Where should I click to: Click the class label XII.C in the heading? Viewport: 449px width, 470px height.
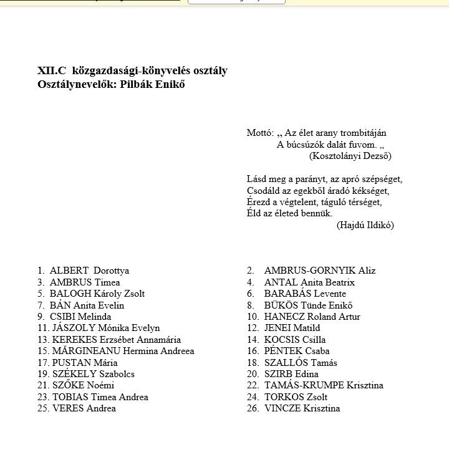[x=51, y=71]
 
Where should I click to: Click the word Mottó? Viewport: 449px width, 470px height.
[x=260, y=133]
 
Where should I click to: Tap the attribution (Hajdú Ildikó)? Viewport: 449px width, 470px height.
[x=365, y=225]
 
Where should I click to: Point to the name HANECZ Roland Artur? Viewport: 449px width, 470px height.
[x=312, y=317]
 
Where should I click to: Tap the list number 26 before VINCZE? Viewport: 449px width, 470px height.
[x=253, y=408]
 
